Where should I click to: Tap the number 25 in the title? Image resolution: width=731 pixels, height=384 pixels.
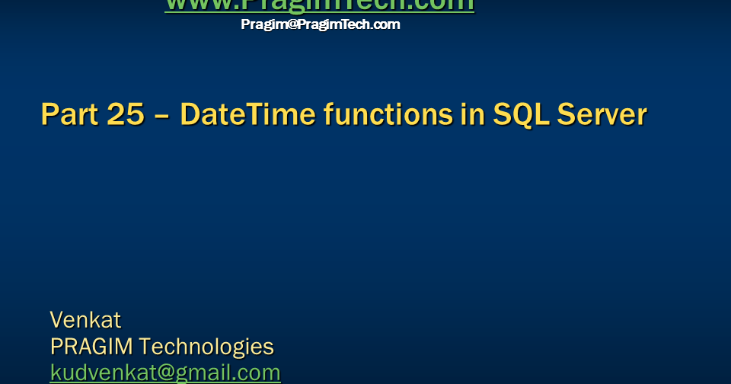click(x=124, y=115)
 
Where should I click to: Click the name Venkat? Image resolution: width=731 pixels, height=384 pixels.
click(x=85, y=319)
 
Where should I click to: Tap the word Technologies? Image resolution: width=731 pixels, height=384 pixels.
click(x=206, y=347)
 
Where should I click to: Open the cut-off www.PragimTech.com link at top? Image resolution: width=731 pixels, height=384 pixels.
click(x=319, y=5)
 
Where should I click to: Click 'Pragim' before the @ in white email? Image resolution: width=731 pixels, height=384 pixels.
click(x=262, y=24)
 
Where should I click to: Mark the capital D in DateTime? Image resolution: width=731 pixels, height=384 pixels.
click(x=190, y=115)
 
